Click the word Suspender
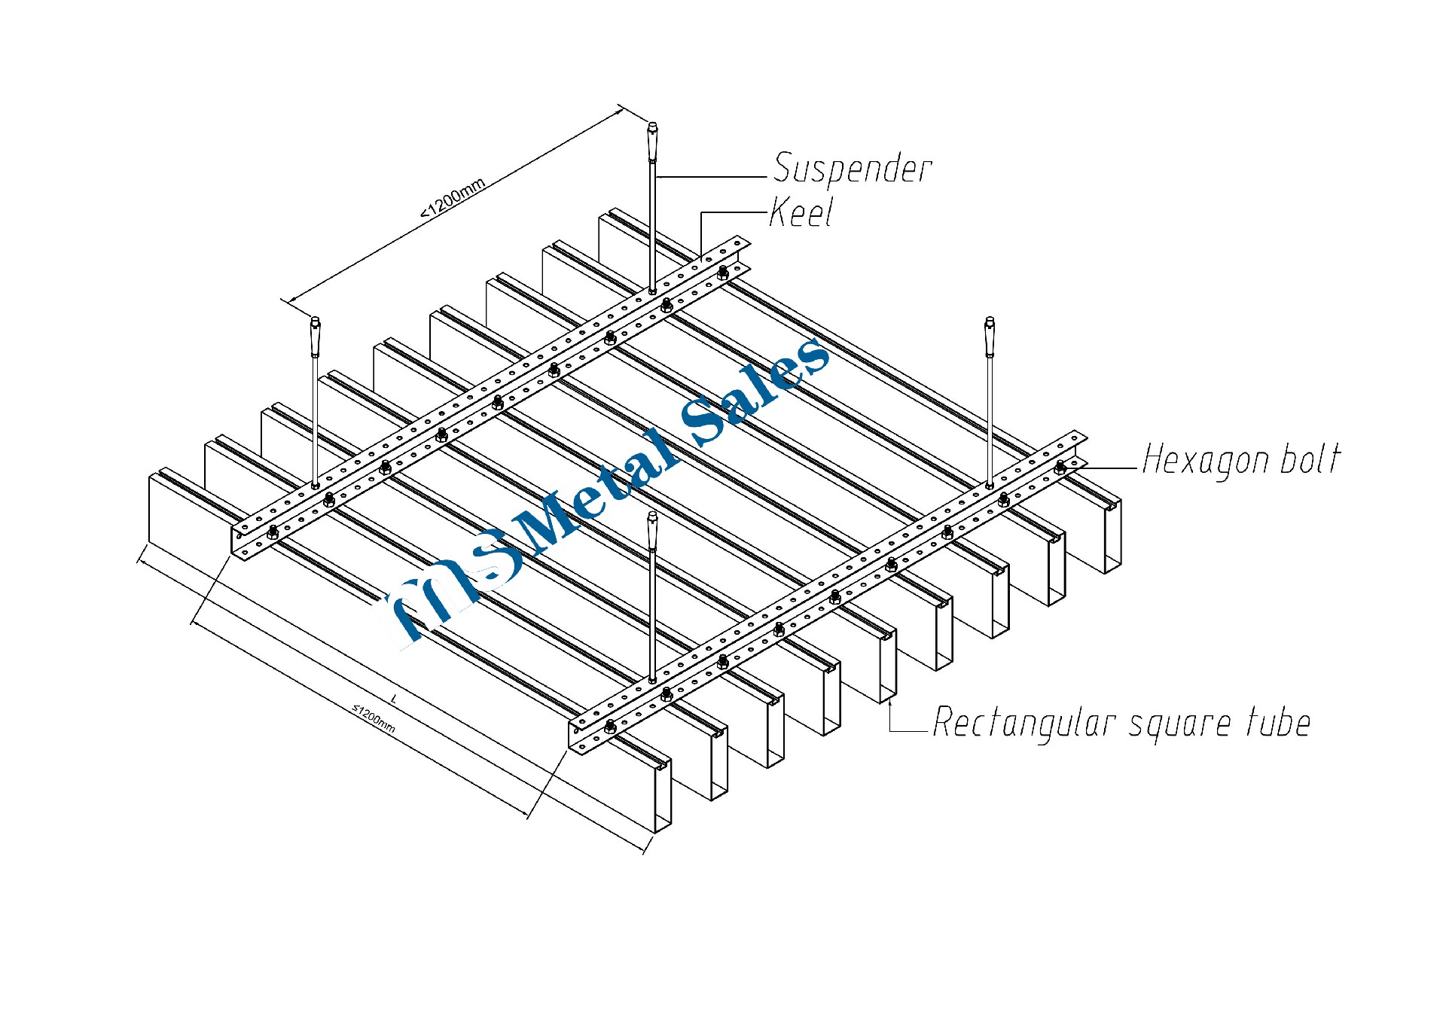pyautogui.click(x=853, y=168)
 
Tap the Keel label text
pyautogui.click(x=801, y=213)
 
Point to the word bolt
pyautogui.click(x=1310, y=459)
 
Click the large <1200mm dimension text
pyautogui.click(x=453, y=198)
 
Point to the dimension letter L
pyautogui.click(x=394, y=699)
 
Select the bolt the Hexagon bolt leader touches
pyautogui.click(x=1060, y=467)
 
